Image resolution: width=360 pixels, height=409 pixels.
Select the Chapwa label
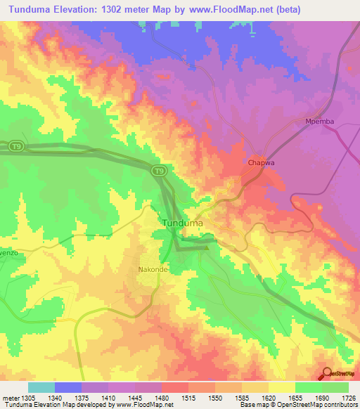pyautogui.click(x=261, y=163)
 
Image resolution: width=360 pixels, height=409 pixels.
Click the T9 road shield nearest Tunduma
pyautogui.click(x=160, y=170)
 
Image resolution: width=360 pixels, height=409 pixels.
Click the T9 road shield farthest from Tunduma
pyautogui.click(x=17, y=146)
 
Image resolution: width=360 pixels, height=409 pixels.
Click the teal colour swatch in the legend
pyautogui.click(x=41, y=387)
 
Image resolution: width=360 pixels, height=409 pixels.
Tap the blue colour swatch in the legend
pyautogui.click(x=67, y=387)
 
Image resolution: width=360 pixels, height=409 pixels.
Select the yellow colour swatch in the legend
pyautogui.click(x=281, y=387)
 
